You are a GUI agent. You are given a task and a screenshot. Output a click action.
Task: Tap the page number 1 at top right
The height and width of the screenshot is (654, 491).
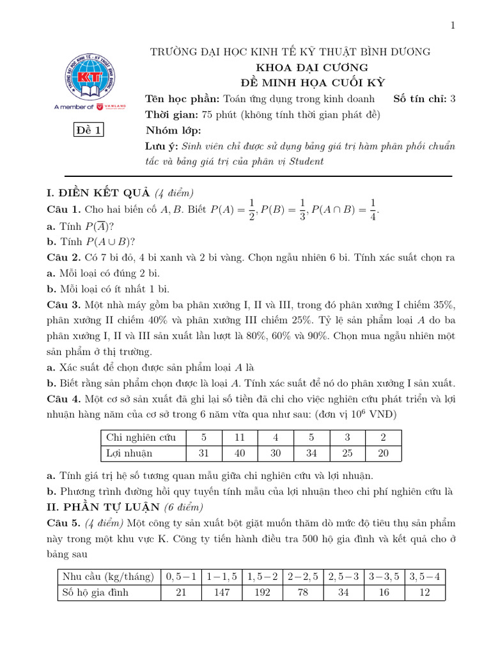click(x=453, y=26)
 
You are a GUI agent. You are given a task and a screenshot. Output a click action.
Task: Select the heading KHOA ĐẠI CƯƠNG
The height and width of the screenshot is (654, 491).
click(x=311, y=67)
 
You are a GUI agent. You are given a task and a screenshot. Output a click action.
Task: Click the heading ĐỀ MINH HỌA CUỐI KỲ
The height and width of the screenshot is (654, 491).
click(x=311, y=82)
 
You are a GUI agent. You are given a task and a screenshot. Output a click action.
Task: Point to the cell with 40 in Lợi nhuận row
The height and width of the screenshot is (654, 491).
click(x=240, y=453)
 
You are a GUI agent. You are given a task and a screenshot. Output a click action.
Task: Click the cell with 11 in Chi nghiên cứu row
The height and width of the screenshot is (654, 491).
click(x=240, y=437)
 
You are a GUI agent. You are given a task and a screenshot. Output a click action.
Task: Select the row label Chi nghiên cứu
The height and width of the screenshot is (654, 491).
click(x=141, y=437)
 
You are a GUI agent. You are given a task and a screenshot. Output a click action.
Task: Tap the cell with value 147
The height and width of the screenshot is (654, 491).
click(x=223, y=592)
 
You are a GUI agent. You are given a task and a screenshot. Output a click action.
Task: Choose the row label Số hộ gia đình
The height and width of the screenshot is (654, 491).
click(x=95, y=592)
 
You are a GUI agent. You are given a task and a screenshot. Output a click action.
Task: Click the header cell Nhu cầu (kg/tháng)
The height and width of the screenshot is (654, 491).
click(x=108, y=577)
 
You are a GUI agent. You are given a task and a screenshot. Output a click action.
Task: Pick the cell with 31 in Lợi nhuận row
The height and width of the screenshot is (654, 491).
click(x=204, y=453)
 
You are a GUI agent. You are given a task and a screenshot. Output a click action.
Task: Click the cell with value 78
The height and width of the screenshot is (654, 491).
click(x=303, y=592)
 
